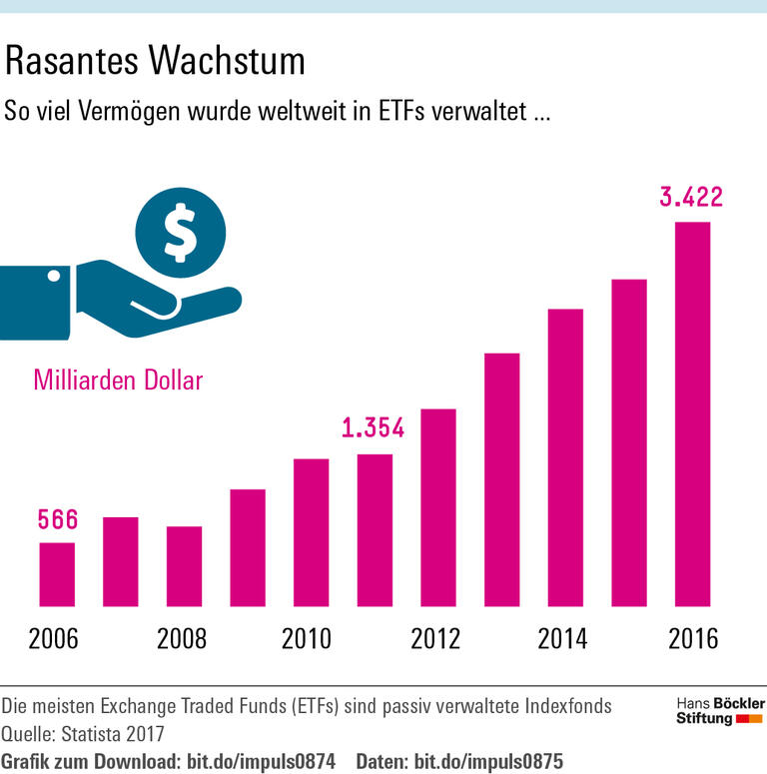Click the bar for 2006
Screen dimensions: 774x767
[57, 574]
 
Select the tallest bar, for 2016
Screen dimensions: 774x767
[692, 414]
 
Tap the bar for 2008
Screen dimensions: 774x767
[184, 566]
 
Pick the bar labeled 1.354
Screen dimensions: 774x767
[375, 530]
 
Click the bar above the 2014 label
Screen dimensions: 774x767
[565, 458]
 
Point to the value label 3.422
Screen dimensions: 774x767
[691, 197]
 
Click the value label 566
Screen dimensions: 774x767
[57, 519]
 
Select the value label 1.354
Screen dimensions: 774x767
[373, 429]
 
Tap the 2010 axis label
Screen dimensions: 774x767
[310, 639]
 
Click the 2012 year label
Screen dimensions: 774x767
[436, 639]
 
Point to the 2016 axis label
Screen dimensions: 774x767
[691, 639]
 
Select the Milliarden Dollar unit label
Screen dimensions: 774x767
[118, 381]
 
